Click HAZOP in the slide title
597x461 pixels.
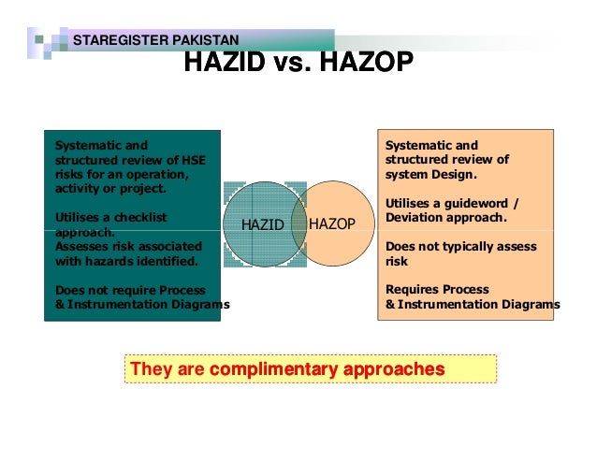(x=366, y=64)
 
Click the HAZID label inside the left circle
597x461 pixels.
(x=262, y=223)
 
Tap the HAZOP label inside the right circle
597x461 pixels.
(x=332, y=223)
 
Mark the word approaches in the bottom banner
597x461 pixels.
(x=392, y=368)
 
